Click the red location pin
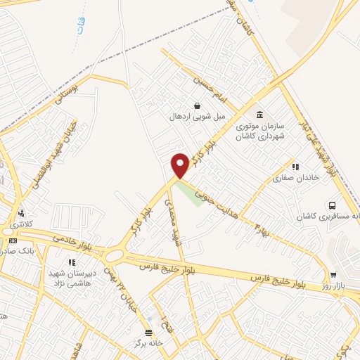[x=180, y=165]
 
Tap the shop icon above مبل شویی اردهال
[x=197, y=105]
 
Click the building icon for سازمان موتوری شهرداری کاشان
[x=260, y=115]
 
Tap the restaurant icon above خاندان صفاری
[x=295, y=167]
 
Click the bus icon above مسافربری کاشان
[x=332, y=205]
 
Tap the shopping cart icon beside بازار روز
[x=333, y=276]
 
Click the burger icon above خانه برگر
[x=148, y=333]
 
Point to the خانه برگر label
[x=148, y=344]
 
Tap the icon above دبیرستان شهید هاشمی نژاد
[x=71, y=262]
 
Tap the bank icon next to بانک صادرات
[x=14, y=240]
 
